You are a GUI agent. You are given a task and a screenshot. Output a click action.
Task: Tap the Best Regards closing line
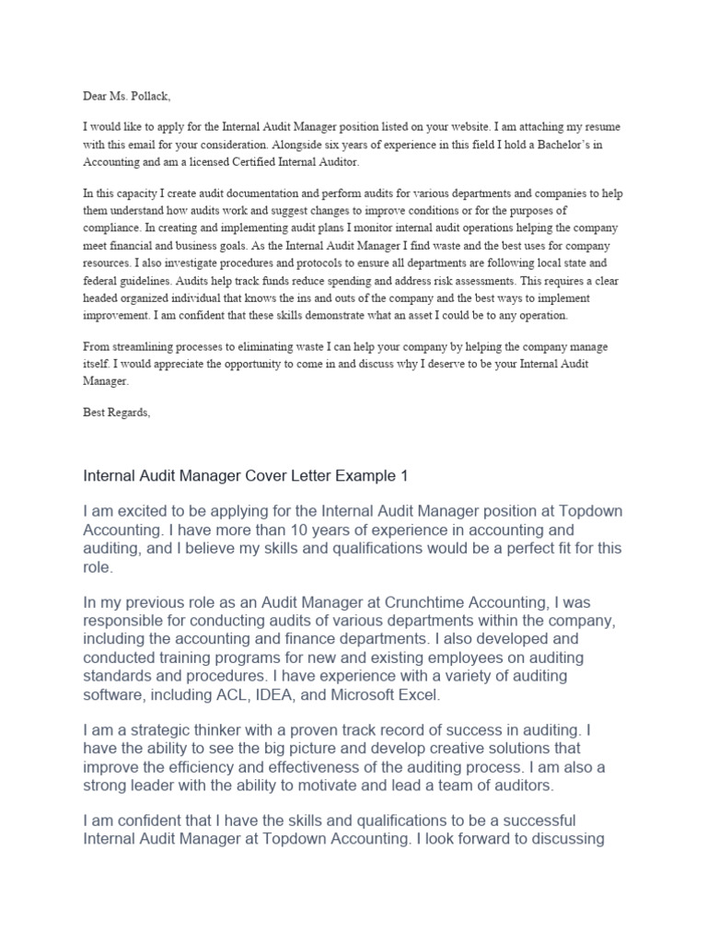pos(116,413)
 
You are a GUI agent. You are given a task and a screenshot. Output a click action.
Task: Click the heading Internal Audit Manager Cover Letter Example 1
pos(245,476)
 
